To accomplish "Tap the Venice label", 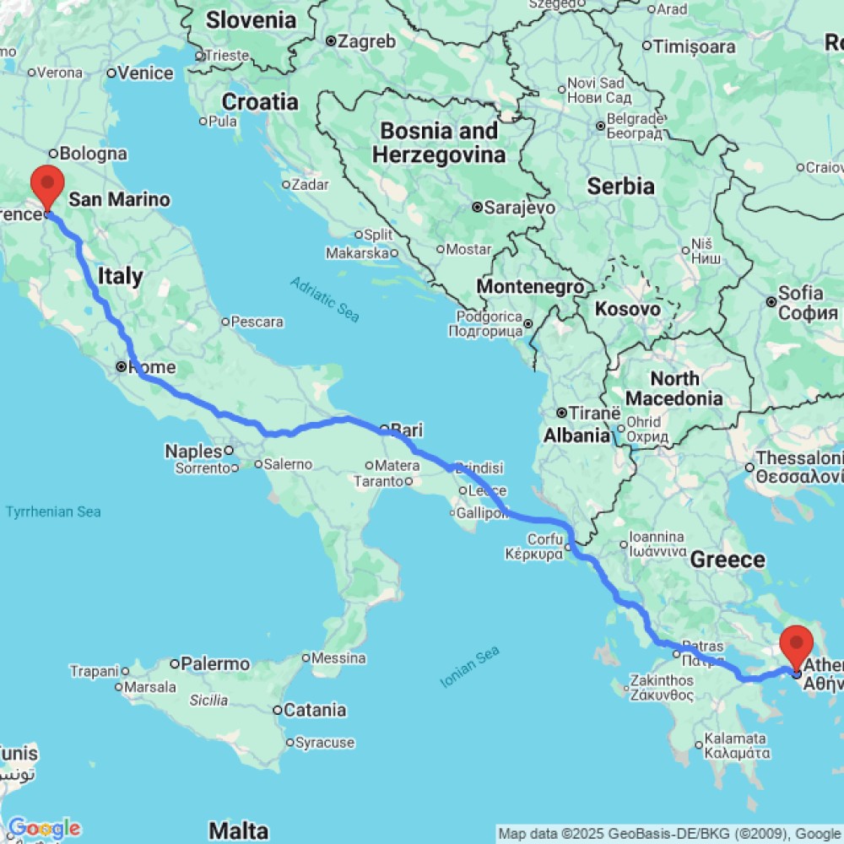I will point(145,73).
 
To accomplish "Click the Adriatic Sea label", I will point(325,300).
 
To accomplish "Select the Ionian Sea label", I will point(471,666).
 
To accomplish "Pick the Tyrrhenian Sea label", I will point(53,511).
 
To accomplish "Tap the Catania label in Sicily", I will point(314,710).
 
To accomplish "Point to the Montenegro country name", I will point(531,287).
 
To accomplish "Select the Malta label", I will point(240,830).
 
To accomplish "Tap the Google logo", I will point(44,828).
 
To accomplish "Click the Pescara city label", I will point(257,322).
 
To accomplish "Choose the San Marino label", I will point(119,200).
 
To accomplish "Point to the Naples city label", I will point(193,452).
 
